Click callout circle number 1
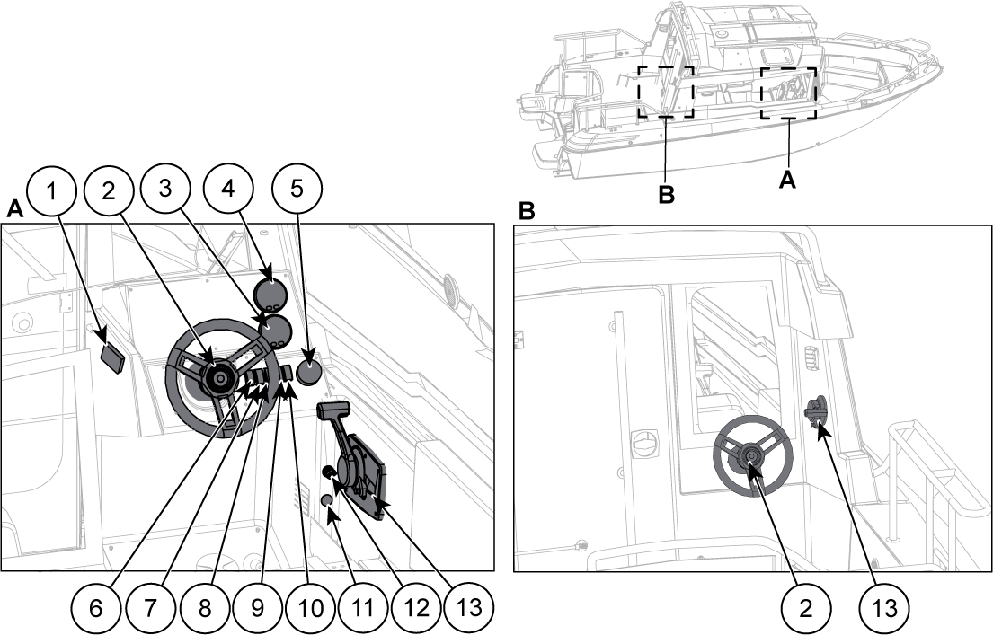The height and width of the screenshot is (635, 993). tap(52, 190)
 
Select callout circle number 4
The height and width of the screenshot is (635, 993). tap(228, 189)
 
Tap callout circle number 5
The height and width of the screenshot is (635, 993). tap(297, 190)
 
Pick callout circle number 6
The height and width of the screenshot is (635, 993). tap(95, 608)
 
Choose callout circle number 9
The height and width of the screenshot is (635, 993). tap(257, 608)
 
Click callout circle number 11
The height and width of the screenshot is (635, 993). tap(361, 608)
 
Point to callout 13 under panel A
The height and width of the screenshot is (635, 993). tap(469, 608)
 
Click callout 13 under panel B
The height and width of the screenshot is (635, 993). tap(884, 608)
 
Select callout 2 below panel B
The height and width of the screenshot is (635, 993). tap(805, 608)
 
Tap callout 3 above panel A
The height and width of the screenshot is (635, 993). tap(165, 189)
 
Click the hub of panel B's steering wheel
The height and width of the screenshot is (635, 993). tap(751, 455)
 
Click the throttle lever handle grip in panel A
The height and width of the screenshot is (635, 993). tap(333, 410)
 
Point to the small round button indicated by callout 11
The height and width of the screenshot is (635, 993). tap(327, 500)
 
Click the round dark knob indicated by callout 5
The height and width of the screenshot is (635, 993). tap(310, 372)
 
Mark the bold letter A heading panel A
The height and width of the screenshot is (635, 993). tap(14, 209)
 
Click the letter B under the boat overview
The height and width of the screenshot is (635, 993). tap(666, 195)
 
